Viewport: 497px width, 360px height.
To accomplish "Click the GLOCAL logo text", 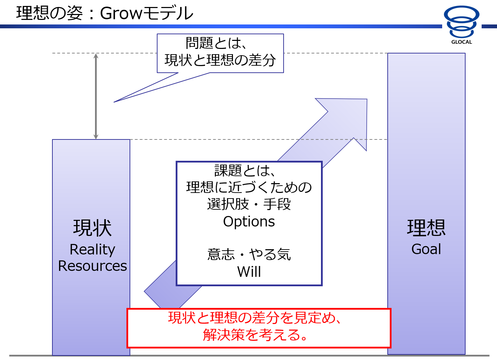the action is [461, 42].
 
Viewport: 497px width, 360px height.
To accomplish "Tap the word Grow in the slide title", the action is [121, 13].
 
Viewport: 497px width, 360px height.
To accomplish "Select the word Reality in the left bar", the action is [92, 250].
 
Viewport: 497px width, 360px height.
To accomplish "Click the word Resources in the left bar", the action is [92, 266].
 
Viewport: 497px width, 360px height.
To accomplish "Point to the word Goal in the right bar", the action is [426, 249].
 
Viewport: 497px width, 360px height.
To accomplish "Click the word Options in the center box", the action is [249, 222].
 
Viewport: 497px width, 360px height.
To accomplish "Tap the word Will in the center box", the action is [249, 271].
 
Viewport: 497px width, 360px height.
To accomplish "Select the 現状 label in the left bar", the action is [92, 228].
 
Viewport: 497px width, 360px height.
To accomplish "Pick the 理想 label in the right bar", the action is [426, 228].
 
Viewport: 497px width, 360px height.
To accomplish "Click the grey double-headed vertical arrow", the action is [96, 96].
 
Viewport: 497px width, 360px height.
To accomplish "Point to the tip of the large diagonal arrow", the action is [367, 99].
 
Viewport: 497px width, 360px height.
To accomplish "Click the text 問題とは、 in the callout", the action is [216, 43].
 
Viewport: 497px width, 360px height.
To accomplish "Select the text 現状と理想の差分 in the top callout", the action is [220, 60].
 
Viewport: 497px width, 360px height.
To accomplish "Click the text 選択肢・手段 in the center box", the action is [249, 204].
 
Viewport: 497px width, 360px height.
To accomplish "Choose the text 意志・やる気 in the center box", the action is [249, 254].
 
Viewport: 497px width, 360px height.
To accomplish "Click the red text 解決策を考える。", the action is [255, 335].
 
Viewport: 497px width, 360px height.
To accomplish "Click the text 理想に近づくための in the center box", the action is [249, 187].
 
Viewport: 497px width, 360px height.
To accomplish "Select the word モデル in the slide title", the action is [168, 13].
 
